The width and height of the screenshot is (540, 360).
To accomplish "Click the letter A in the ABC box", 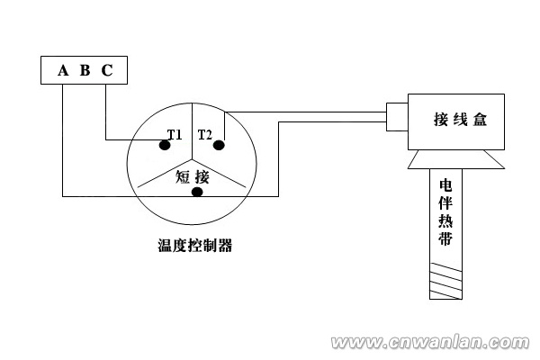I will [63, 70].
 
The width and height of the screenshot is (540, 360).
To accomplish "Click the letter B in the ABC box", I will [85, 70].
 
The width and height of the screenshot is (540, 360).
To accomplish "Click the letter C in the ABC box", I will [106, 70].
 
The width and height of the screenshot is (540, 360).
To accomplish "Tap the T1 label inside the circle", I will [175, 135].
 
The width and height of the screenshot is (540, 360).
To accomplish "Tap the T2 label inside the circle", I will [205, 135].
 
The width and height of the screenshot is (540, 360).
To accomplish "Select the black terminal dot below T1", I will [166, 145].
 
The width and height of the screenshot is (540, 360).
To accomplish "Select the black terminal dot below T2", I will [220, 145].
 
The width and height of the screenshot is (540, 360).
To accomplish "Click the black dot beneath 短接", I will [197, 192].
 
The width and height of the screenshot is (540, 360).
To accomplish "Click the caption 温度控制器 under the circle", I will [193, 245].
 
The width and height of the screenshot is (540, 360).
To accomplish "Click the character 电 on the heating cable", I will [445, 185].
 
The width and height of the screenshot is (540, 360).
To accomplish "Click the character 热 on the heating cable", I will [445, 222].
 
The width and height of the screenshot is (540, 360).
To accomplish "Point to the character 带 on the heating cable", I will [445, 240].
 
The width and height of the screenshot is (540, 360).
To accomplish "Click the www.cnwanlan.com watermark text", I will [432, 343].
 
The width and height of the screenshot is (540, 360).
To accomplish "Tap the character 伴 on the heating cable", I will [445, 203].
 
